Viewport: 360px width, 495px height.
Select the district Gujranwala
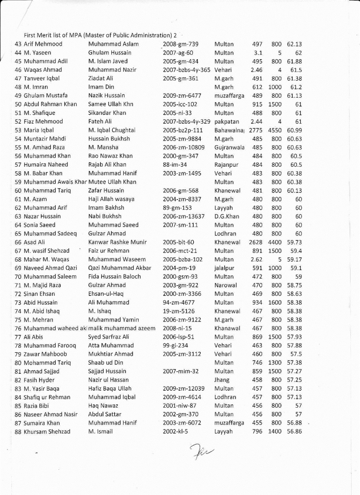point(229,147)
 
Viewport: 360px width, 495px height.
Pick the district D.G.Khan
point(227,216)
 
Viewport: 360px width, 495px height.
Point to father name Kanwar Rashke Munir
point(118,242)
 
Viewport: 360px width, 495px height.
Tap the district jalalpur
point(224,268)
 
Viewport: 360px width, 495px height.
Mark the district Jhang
point(221,380)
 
